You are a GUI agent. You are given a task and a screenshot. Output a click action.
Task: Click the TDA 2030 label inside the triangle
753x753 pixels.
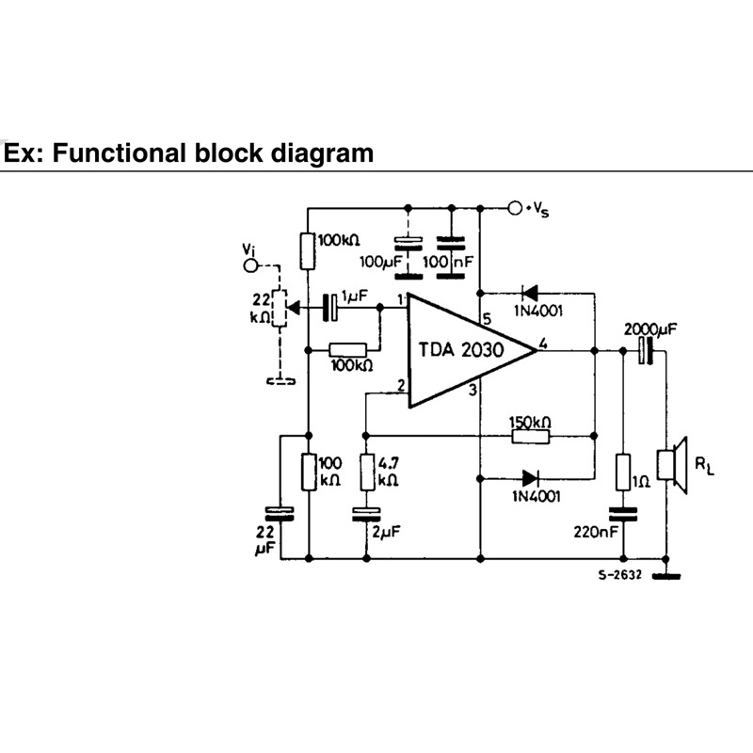[461, 349]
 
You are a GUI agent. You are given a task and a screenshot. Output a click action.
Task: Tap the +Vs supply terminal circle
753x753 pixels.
[515, 208]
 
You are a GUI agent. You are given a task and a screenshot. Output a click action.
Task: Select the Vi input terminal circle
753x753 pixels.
[250, 265]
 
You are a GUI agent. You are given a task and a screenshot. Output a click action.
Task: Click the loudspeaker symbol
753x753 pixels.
[672, 465]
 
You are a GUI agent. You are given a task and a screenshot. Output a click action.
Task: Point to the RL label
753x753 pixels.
[704, 465]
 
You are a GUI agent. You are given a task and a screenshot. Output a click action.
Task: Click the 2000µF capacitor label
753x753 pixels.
[650, 329]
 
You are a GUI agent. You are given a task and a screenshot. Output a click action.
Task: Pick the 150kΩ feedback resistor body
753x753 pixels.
[530, 436]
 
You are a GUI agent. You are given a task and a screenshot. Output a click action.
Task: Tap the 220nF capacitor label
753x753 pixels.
[596, 532]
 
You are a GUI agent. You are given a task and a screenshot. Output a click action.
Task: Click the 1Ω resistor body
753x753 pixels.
[623, 473]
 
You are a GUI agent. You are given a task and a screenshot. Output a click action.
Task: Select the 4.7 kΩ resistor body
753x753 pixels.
[367, 473]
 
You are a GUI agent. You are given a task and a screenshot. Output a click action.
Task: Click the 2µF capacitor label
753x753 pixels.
[386, 532]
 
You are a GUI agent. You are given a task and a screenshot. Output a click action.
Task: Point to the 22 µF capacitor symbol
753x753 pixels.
[280, 514]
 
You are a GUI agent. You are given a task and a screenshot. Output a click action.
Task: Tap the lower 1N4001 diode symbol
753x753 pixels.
[530, 478]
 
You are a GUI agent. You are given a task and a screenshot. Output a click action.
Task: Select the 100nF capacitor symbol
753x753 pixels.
[451, 257]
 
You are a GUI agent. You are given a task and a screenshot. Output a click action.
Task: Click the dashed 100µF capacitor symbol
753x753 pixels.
[409, 257]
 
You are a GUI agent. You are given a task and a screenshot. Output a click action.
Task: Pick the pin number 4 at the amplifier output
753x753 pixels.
[543, 343]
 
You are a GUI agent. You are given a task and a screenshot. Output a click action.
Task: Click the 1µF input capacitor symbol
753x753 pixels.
[330, 308]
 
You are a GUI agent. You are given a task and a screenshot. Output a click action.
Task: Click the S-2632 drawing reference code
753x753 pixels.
[620, 575]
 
